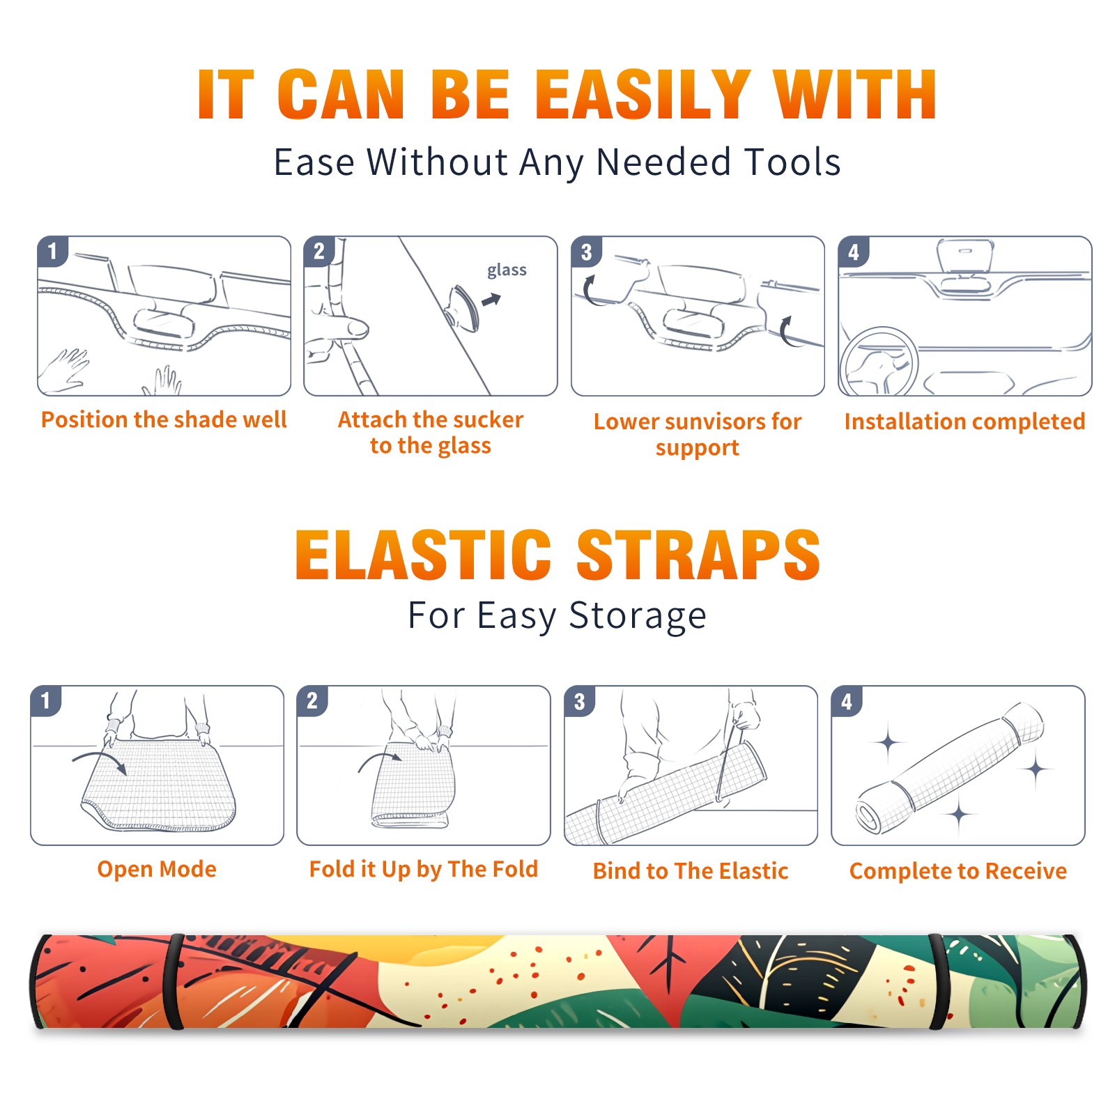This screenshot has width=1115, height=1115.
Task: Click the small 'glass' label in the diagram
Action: click(507, 270)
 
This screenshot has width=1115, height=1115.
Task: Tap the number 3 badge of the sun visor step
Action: click(586, 252)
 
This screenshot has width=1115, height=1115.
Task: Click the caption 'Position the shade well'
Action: click(164, 420)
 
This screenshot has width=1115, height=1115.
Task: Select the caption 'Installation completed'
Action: click(964, 422)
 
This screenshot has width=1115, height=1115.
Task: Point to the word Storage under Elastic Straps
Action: click(638, 616)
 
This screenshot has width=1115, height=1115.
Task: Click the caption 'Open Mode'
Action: click(157, 869)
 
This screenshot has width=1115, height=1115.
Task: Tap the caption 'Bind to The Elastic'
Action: click(691, 871)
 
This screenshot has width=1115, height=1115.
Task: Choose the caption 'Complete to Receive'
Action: click(958, 871)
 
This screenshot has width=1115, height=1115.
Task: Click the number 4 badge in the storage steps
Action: click(847, 701)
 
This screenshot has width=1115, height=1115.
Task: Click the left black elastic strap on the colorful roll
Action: click(173, 981)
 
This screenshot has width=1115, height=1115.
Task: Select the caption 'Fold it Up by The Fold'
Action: click(424, 869)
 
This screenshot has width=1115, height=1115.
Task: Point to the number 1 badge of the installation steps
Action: click(52, 252)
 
